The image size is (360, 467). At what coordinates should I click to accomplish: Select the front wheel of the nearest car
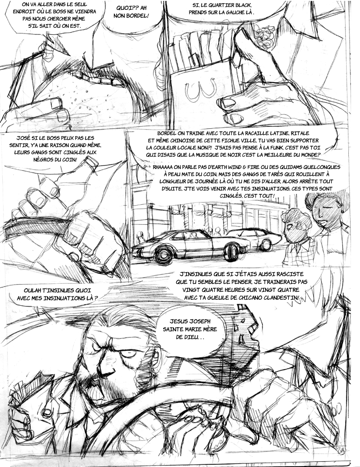coord(163,255)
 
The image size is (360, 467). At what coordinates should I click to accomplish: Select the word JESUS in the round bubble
coord(178,321)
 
